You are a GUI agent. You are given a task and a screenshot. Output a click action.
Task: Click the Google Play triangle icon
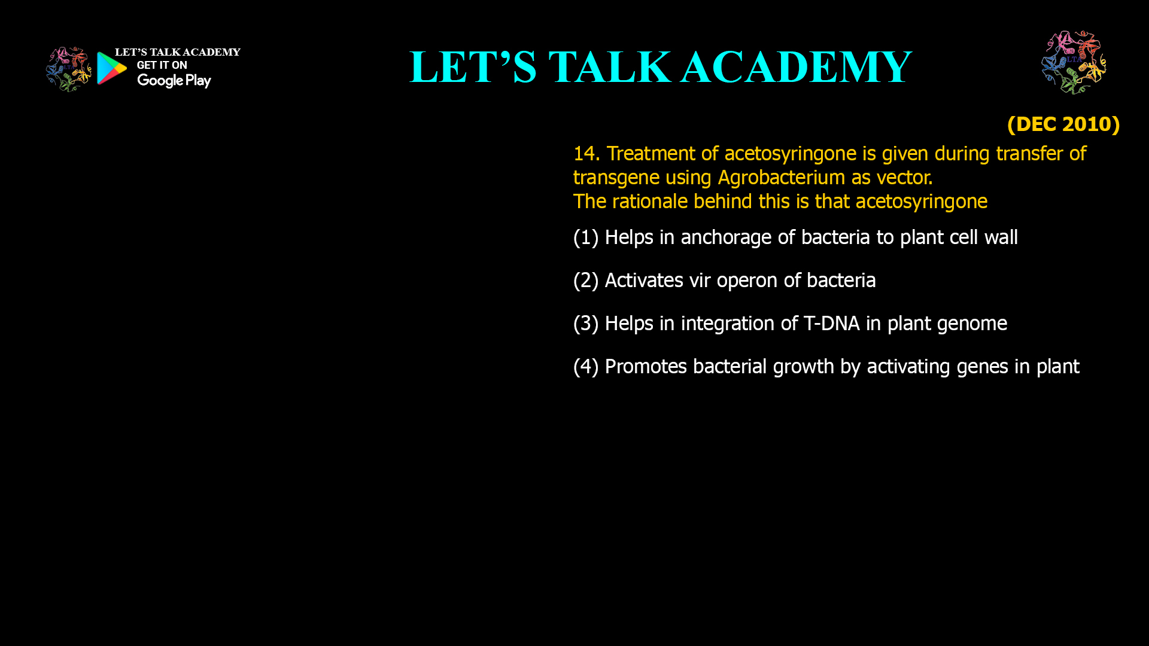point(111,68)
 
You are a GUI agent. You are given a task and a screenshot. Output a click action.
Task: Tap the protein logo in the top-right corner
point(1074,62)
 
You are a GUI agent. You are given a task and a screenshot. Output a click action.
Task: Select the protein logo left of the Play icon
point(68,69)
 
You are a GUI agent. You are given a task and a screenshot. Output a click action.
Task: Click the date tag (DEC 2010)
point(1063,124)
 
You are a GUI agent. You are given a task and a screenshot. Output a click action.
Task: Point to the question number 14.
point(585,154)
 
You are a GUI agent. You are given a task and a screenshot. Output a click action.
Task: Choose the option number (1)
point(585,237)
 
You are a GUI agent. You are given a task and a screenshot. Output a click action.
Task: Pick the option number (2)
point(585,281)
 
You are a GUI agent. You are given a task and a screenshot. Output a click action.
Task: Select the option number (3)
point(585,324)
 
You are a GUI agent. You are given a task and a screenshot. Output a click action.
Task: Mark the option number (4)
point(585,367)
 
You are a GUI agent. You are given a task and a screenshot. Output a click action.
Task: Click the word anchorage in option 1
point(726,237)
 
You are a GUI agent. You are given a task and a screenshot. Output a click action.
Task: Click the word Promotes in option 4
point(646,367)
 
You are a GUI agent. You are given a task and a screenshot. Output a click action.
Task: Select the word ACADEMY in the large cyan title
point(796,67)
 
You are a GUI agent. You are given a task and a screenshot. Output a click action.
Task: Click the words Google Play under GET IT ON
point(174,80)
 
